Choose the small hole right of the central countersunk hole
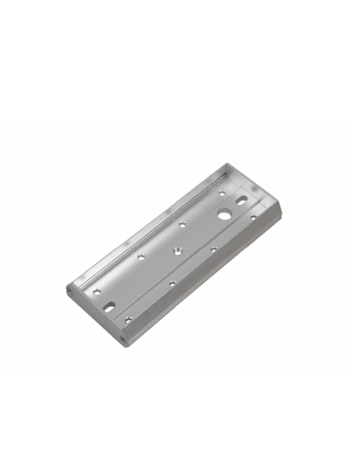[214, 249]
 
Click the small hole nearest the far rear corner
[220, 192]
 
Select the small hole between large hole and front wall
[253, 217]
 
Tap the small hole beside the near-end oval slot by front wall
[128, 318]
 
